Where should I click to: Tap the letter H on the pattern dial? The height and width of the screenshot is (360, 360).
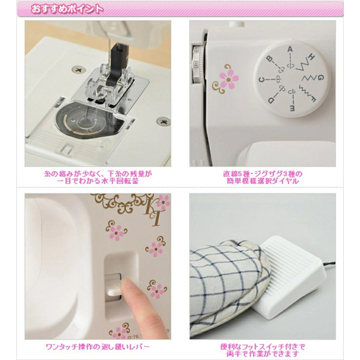click(311, 57)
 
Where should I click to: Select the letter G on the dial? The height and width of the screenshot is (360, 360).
click(320, 78)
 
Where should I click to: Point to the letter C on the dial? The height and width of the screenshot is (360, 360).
click(262, 80)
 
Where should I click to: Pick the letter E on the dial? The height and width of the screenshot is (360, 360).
click(292, 108)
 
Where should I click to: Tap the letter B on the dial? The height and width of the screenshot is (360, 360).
click(269, 59)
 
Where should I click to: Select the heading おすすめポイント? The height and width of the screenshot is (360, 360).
click(67, 10)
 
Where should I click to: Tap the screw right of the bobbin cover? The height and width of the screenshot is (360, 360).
click(163, 121)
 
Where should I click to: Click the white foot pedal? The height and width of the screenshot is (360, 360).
click(290, 282)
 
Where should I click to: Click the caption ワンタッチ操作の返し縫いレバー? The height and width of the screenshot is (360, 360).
click(98, 346)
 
